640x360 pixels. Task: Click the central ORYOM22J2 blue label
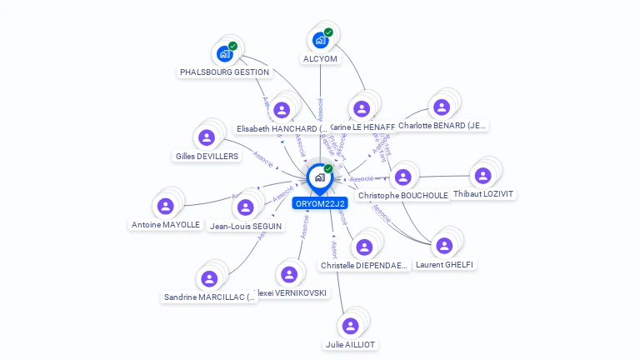(320, 202)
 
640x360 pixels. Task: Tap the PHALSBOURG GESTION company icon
(224, 54)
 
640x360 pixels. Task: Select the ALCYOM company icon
(320, 40)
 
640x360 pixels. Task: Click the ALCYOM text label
(320, 59)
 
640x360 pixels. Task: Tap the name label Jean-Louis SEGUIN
(244, 226)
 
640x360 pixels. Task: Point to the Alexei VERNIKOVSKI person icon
(288, 274)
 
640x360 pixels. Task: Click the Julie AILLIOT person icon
(351, 326)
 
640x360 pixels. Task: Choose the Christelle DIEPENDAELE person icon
(363, 247)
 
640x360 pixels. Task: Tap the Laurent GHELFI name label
(445, 264)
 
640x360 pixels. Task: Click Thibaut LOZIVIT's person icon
(482, 176)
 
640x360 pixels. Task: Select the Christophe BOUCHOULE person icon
(402, 177)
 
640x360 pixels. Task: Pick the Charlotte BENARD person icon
(441, 107)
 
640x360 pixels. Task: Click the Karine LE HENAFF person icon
(361, 109)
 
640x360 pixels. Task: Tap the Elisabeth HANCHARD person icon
(282, 110)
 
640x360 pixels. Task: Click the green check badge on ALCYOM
(328, 32)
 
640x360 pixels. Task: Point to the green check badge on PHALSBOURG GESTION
(232, 46)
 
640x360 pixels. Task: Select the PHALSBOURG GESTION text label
(224, 72)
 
